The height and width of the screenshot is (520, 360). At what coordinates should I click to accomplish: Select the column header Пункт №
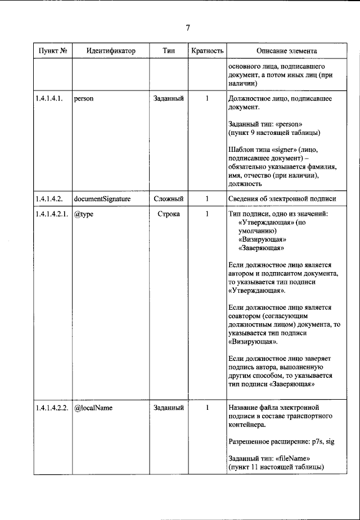coord(53,51)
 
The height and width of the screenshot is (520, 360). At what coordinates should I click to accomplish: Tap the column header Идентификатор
coord(111,51)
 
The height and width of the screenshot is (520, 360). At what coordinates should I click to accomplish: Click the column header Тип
coord(168,51)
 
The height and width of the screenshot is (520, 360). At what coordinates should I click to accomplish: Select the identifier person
coord(83,98)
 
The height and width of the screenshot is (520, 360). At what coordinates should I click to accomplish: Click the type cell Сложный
coord(168,199)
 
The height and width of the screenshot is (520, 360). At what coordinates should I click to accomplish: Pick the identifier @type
coord(83,214)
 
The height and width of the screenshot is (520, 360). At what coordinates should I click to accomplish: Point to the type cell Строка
coord(168,214)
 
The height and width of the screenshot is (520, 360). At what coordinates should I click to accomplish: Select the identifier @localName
coord(93,408)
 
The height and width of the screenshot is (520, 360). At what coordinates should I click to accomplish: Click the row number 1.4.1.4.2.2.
coord(52,408)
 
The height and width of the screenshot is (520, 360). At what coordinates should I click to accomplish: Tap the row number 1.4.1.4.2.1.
coord(52,214)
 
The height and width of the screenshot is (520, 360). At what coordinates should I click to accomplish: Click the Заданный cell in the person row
coord(168,98)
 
